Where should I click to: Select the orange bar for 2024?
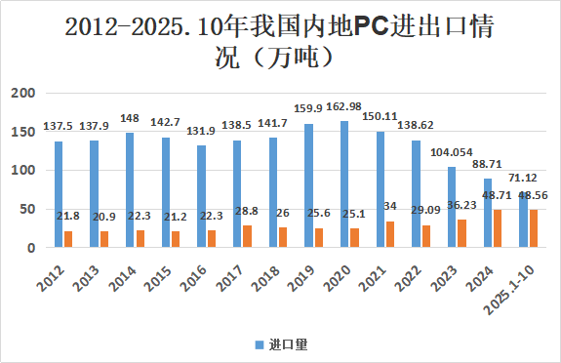point(497,228)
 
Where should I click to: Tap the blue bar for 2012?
point(59,194)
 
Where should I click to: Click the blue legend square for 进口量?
point(260,344)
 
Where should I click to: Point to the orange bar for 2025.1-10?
point(533,228)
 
